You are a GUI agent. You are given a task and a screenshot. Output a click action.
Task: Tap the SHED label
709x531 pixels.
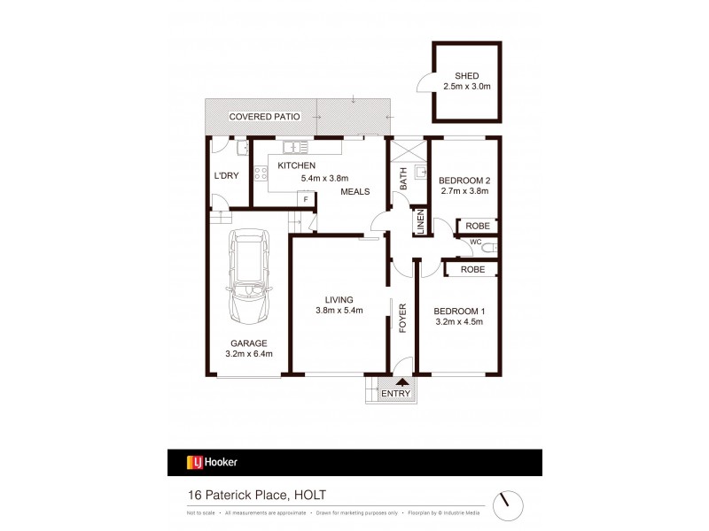tap(466, 75)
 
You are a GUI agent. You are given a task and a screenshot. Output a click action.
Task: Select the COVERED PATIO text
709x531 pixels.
tap(264, 117)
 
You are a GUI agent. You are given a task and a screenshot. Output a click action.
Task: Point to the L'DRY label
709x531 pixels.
tap(227, 175)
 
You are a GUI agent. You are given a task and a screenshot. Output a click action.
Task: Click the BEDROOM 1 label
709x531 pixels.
tap(458, 312)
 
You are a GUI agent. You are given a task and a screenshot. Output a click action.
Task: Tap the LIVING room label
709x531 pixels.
tap(339, 299)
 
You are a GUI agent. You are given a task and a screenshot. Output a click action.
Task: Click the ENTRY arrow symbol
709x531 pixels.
tap(394, 382)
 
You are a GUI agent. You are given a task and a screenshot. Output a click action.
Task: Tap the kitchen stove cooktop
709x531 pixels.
tap(262, 174)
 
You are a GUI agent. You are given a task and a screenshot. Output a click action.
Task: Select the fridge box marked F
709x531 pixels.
tap(306, 199)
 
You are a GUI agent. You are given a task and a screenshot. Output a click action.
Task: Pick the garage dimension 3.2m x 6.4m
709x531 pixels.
tap(248, 355)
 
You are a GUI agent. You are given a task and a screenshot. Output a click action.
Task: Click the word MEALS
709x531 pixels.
tap(354, 192)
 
